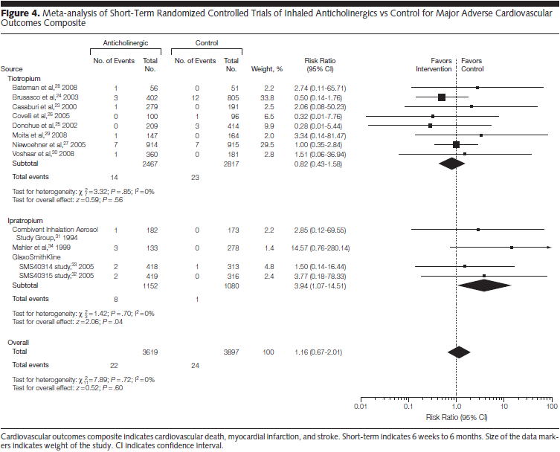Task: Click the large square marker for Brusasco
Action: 442,97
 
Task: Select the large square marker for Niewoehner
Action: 456,144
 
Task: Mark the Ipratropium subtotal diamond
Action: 485,285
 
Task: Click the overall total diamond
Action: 459,352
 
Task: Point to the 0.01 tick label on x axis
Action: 361,407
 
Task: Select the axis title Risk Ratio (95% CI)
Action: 457,417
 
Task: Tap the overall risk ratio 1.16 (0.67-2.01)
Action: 322,352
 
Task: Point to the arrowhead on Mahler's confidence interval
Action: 549,246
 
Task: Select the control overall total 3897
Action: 231,352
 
